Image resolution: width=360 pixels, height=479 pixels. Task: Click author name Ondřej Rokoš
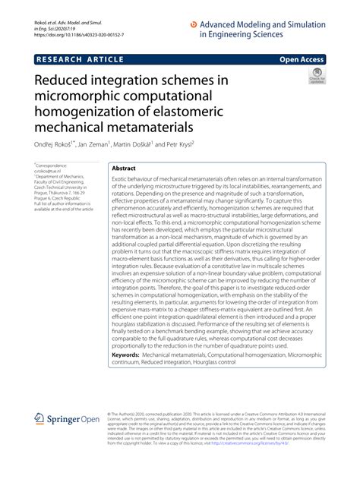(x=55, y=144)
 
